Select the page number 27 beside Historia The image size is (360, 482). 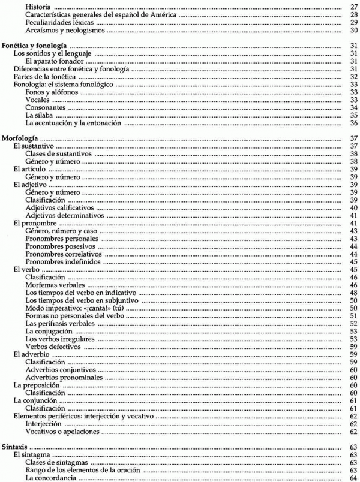[353, 7]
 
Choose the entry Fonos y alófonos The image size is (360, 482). [52, 92]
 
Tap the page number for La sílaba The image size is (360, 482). [353, 116]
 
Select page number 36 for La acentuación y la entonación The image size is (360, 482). [353, 123]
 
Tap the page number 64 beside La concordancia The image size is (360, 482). [353, 478]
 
